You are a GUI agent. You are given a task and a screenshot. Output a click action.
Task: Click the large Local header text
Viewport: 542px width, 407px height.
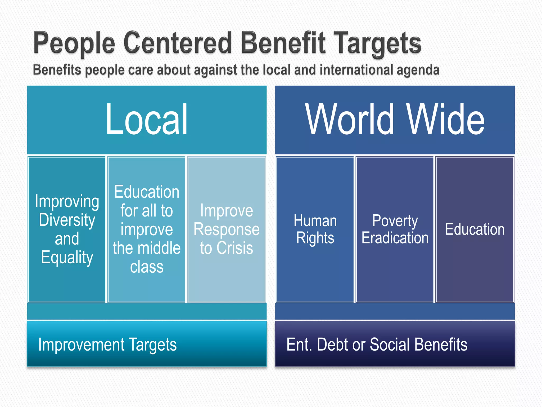(147, 120)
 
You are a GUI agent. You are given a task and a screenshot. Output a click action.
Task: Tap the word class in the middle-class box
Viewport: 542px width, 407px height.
(147, 267)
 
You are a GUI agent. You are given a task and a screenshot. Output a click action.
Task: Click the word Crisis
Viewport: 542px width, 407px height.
(234, 248)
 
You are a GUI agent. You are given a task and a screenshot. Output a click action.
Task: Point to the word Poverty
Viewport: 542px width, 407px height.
(395, 221)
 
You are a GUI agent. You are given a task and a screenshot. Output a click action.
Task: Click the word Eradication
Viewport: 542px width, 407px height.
(395, 238)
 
